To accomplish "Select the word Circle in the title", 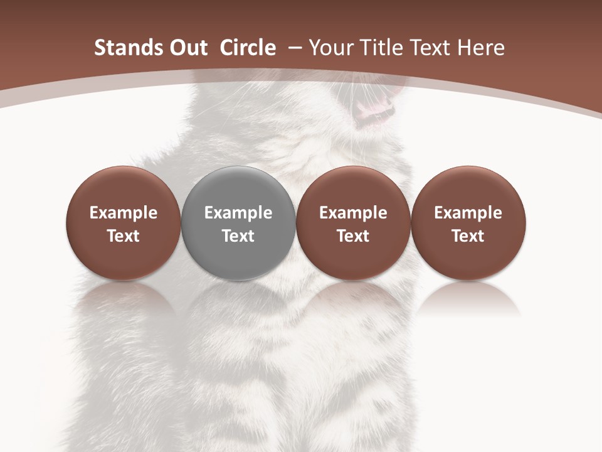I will [248, 48].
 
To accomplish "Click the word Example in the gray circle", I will [238, 213].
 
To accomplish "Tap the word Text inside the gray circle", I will [238, 236].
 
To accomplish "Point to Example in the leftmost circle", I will [124, 213].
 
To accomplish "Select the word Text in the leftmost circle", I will [124, 236].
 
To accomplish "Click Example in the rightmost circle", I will [468, 213].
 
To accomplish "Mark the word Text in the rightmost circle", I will [468, 236].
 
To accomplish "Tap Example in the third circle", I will [353, 213].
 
